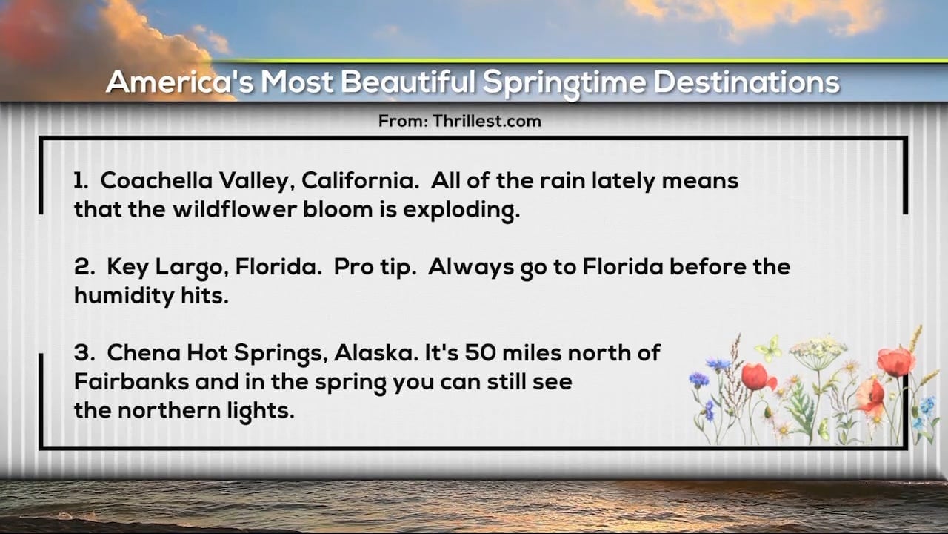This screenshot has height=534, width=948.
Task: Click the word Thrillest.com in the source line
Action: point(487,121)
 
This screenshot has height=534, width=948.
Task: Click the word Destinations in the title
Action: point(747,82)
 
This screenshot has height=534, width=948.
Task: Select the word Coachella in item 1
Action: point(156,180)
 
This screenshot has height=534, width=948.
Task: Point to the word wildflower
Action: point(235,209)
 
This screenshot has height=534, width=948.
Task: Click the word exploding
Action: point(461,211)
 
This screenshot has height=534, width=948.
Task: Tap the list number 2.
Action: point(84,267)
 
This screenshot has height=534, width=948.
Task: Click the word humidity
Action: point(124,296)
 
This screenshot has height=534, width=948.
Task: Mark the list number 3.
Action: point(84,352)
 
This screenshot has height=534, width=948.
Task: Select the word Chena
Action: point(144,352)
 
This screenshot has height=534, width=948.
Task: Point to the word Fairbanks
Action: point(131,381)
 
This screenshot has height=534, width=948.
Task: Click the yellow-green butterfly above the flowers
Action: point(769,349)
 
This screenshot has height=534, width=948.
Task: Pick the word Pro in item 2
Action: point(353,267)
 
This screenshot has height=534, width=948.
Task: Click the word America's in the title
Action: point(180,82)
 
